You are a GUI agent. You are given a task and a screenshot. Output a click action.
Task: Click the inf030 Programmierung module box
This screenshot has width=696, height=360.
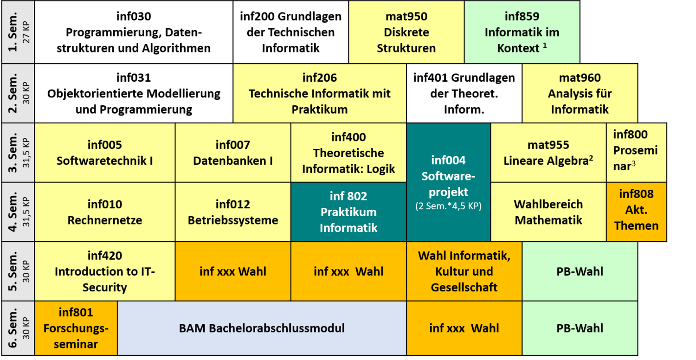coord(134,32)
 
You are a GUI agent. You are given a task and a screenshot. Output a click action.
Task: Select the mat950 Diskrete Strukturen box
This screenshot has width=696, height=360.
coord(406,32)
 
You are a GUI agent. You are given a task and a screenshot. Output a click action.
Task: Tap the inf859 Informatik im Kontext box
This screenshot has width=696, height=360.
coord(522,32)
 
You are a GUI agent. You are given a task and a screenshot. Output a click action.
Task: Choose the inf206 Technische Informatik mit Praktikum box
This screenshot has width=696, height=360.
coord(320,93)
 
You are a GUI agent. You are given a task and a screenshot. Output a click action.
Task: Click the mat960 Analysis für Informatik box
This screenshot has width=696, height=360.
coord(580,93)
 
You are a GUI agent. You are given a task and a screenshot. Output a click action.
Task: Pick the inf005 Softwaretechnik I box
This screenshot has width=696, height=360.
coord(105,153)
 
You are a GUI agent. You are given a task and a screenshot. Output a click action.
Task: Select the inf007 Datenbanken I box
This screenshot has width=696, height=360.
coord(233,153)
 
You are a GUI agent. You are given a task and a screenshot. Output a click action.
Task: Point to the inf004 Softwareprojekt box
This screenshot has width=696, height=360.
coord(448,182)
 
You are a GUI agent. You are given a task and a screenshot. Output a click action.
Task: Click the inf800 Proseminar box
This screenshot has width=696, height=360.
coord(636,153)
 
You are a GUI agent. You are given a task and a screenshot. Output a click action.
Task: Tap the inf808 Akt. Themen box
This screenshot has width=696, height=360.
coord(636,212)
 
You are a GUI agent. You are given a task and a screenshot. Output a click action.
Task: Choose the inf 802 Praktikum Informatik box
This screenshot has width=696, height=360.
coord(348,212)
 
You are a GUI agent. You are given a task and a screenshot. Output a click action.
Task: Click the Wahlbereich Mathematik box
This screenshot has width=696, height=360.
coord(548,212)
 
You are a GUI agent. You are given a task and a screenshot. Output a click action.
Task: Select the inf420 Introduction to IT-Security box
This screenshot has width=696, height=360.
coord(105,271)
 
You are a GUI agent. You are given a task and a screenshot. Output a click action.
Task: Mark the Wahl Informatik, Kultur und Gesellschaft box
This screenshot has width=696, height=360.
coord(464,271)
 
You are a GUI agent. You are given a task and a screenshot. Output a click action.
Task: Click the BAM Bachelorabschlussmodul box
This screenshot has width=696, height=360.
coord(262,328)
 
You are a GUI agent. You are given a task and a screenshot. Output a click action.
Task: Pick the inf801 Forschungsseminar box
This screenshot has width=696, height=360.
coord(76,328)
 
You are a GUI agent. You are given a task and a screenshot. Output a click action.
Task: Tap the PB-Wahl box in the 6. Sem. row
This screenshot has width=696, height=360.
coord(580,328)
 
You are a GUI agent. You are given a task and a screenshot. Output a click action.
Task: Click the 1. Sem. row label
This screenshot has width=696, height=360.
coord(13,32)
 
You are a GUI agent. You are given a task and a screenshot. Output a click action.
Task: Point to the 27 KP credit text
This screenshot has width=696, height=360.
coord(26,32)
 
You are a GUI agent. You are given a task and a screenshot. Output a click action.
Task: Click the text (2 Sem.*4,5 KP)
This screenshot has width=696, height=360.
coord(448,206)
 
